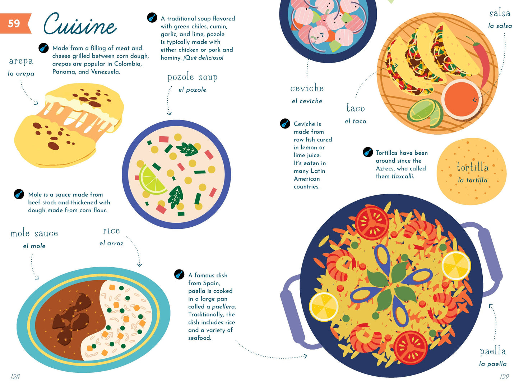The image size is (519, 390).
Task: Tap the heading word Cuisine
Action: (80, 24)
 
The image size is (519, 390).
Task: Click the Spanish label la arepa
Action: (21, 73)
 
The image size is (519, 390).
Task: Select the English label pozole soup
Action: (193, 77)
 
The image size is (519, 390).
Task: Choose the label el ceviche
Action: (307, 101)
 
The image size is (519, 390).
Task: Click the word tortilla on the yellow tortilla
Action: (472, 167)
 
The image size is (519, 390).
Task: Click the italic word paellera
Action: (224, 307)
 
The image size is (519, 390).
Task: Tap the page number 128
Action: (15, 376)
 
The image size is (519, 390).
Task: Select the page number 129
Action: (504, 376)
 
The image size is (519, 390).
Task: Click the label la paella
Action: (493, 364)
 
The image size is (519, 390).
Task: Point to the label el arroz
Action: (111, 243)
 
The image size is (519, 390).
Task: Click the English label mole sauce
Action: (34, 233)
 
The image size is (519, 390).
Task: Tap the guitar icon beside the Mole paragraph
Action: (19, 194)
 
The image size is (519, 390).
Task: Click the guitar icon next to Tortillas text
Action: (368, 152)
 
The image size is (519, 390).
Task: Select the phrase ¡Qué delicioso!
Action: (203, 58)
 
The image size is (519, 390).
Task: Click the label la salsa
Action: (500, 26)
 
